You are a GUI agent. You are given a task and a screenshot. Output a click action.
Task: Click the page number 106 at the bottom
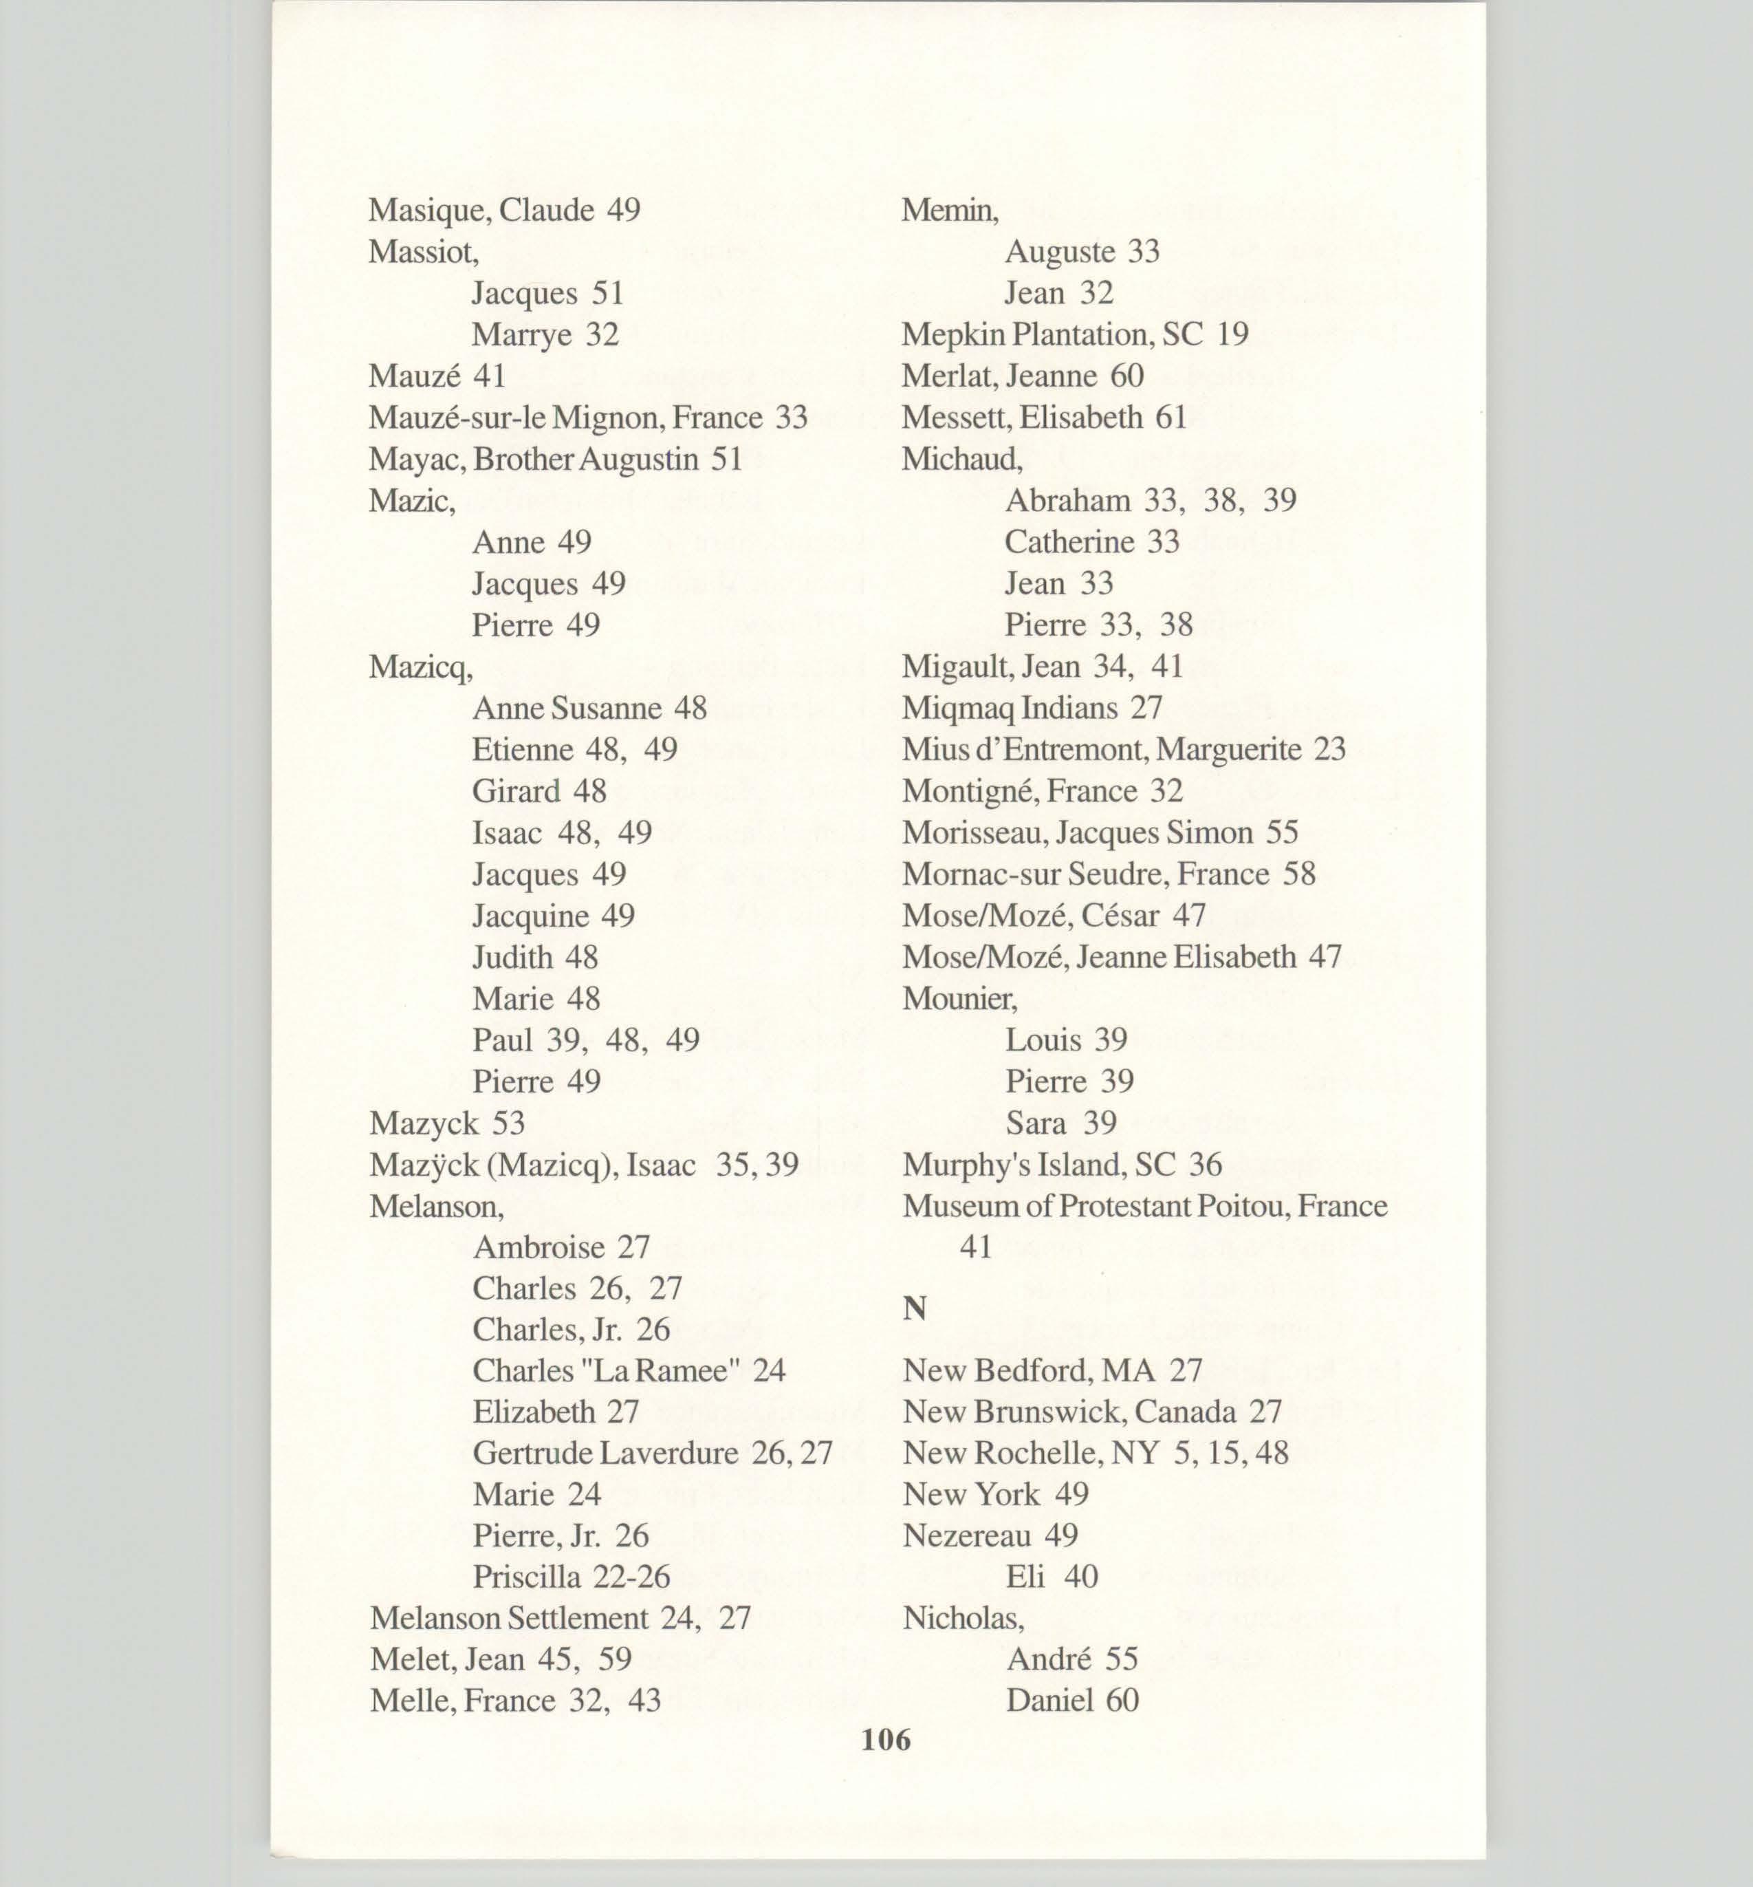coord(885,1739)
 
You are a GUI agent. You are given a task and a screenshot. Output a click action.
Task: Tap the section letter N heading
coord(913,1308)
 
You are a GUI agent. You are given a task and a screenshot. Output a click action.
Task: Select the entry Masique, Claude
coord(503,210)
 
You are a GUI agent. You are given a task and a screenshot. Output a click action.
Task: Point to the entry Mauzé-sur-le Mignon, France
coord(587,418)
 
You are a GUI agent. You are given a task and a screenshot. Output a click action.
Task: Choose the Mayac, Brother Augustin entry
coord(555,459)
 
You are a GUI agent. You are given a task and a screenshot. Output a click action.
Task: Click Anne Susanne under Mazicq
coord(566,708)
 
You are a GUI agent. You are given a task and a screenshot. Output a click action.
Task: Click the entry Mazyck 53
coord(447,1123)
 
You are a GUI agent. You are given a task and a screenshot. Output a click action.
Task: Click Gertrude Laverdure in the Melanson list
coord(605,1452)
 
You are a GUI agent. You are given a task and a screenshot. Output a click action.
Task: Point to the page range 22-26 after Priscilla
coord(631,1577)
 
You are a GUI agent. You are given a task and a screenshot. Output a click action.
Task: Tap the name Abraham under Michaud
coord(1067,500)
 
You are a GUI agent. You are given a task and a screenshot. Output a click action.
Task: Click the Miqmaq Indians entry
coord(1031,708)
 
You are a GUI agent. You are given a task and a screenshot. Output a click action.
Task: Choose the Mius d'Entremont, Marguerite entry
coord(1123,749)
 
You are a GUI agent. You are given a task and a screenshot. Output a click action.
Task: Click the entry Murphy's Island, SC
coord(1061,1164)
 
